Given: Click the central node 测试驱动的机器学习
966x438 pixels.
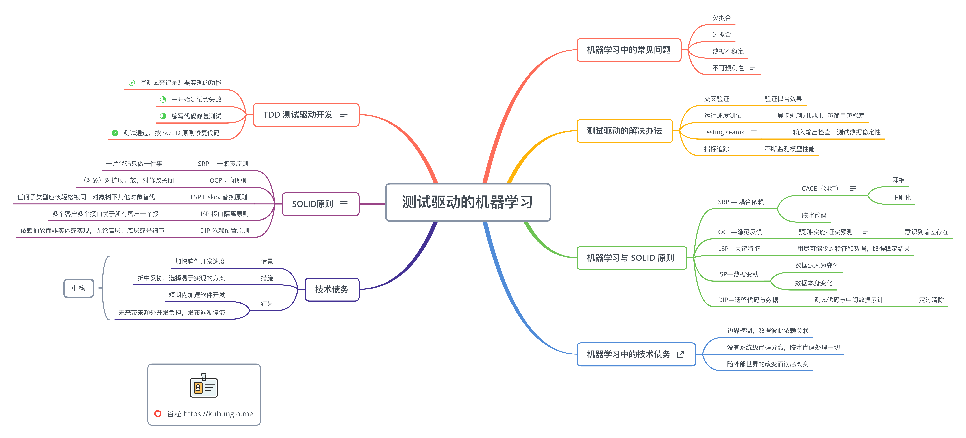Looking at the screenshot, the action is (x=468, y=202).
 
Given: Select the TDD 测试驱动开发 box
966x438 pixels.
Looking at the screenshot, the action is (x=306, y=115).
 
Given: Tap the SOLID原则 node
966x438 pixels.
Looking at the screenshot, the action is (x=320, y=204).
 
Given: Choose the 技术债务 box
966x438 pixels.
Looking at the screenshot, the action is (x=332, y=289).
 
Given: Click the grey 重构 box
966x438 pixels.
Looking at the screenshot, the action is (x=78, y=288).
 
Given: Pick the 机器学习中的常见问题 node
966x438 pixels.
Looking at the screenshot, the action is (x=629, y=50).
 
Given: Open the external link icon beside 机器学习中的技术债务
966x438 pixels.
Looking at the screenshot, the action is (x=680, y=354).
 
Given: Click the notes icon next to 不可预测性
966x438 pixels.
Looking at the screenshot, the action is (x=753, y=68).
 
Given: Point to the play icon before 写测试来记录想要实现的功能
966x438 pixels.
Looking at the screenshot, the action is (x=132, y=83).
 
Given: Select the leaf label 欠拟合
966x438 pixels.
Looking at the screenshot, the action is (x=722, y=18).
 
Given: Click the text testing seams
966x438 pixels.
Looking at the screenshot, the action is (x=724, y=132).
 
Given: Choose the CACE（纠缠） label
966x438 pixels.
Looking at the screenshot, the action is (x=820, y=188).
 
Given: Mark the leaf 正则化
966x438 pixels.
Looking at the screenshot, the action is (x=901, y=197).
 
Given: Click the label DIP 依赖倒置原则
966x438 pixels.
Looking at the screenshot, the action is (x=225, y=230).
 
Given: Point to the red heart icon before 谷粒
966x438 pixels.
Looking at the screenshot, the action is (x=158, y=414).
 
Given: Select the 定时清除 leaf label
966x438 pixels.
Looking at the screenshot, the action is (x=931, y=300).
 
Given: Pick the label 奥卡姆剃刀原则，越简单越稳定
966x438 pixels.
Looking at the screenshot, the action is (x=821, y=115).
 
